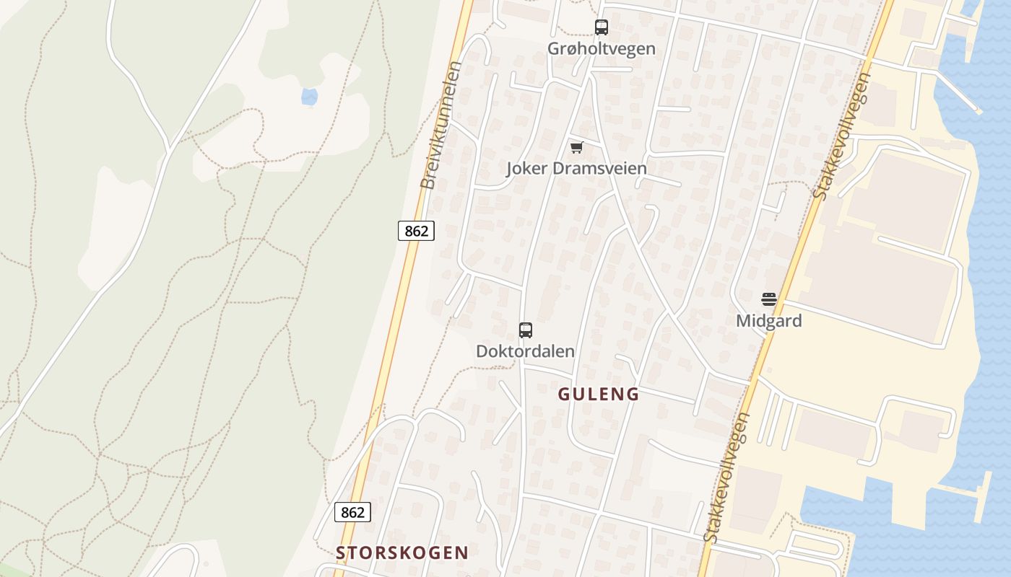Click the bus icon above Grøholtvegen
click(601, 27)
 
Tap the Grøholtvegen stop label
click(601, 49)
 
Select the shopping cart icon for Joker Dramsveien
click(576, 147)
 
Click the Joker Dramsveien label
click(576, 169)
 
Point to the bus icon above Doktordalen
click(526, 330)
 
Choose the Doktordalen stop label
click(526, 351)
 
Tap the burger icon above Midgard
click(768, 299)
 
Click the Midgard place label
click(768, 321)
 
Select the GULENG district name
click(599, 394)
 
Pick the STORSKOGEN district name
click(402, 552)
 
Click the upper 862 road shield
click(416, 231)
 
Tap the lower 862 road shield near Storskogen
click(352, 512)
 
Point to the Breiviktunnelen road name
click(441, 125)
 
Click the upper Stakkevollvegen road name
click(842, 136)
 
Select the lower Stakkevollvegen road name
click(727, 478)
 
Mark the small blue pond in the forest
click(309, 96)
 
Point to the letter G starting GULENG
click(564, 394)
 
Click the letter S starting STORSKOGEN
click(341, 552)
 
